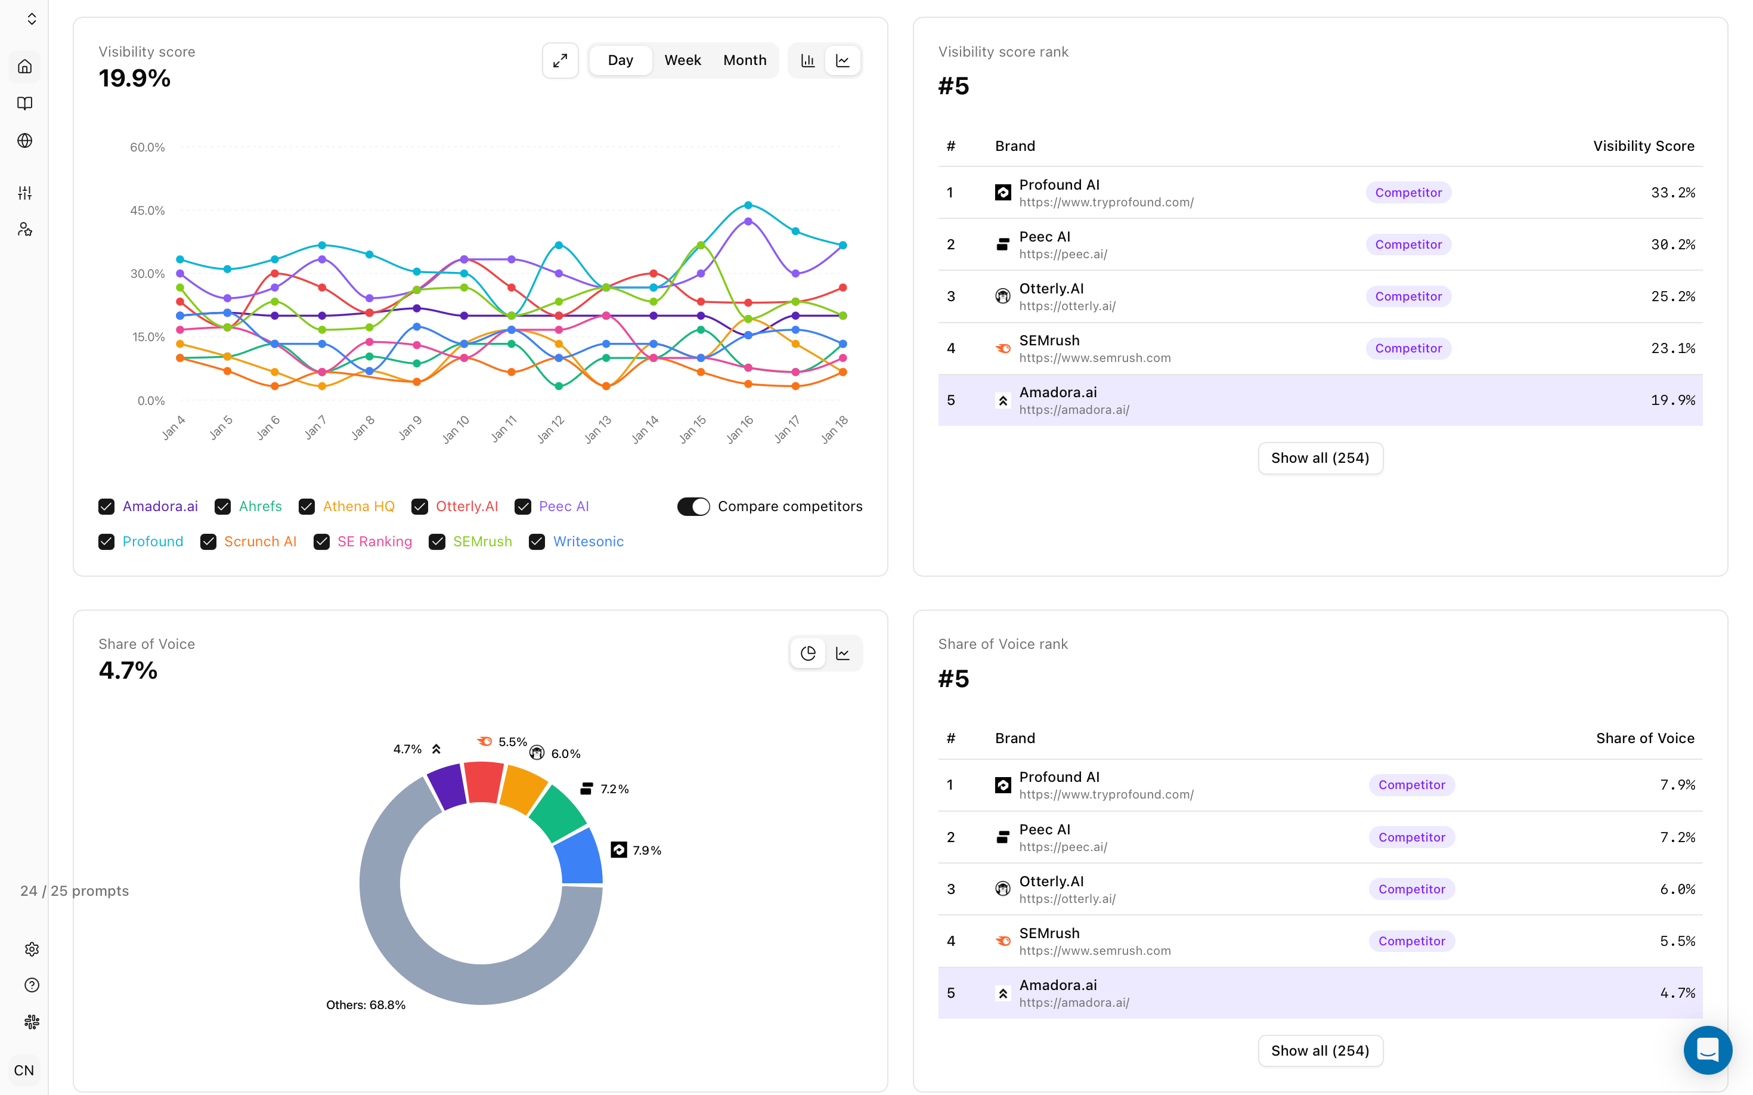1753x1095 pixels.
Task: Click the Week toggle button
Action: pyautogui.click(x=682, y=60)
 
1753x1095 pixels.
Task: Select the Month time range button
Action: pyautogui.click(x=744, y=60)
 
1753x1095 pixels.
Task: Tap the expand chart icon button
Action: pyautogui.click(x=560, y=60)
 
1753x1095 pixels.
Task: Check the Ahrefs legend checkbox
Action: pyautogui.click(x=222, y=506)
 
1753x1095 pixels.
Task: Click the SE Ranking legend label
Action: pyautogui.click(x=374, y=542)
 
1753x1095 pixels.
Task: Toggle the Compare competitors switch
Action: pyautogui.click(x=693, y=506)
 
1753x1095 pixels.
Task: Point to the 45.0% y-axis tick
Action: pyautogui.click(x=147, y=211)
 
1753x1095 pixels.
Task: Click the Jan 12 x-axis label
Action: pyautogui.click(x=551, y=428)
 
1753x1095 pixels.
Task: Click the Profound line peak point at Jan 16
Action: pyautogui.click(x=748, y=206)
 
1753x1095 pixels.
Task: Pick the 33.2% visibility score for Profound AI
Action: pyautogui.click(x=1673, y=193)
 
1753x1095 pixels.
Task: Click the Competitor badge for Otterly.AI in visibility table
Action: pyautogui.click(x=1408, y=296)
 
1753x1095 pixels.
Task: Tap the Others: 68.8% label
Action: pyautogui.click(x=366, y=1005)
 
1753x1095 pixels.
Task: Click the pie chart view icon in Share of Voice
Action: pyautogui.click(x=808, y=653)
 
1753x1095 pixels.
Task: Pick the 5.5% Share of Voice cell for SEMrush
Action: pyautogui.click(x=1677, y=941)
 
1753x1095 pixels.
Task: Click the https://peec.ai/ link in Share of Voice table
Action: pyautogui.click(x=1063, y=847)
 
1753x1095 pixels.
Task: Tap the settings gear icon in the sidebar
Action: pyautogui.click(x=32, y=949)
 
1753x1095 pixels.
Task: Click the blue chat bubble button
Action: pyautogui.click(x=1707, y=1050)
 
